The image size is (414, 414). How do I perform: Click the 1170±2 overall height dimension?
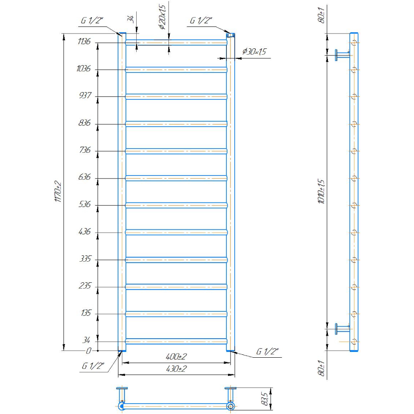coord(58,192)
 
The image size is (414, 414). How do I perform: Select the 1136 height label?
coord(84,41)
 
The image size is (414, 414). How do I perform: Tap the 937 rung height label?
coord(85,95)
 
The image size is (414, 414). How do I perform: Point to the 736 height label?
coord(85,150)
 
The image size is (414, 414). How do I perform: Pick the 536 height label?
coord(84,204)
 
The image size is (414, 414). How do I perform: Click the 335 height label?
coord(85,259)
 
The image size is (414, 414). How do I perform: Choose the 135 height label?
coord(86,313)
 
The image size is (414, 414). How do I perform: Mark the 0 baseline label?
coord(89,351)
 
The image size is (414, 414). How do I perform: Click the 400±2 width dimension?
coord(176,357)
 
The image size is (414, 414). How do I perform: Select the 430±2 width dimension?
coord(176,368)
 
